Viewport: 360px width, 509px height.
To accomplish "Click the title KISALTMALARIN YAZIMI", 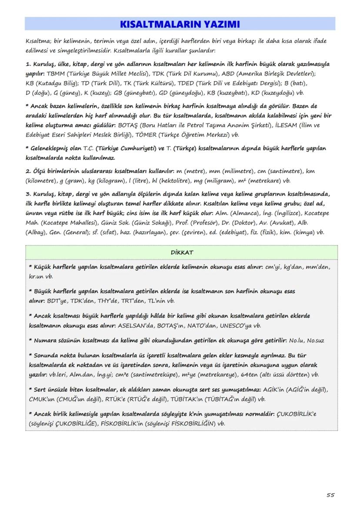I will (x=180, y=24).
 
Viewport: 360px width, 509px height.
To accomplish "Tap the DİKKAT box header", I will (x=181, y=253).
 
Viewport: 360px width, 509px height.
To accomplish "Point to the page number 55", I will (x=330, y=495).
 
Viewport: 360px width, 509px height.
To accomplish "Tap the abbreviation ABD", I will (x=229, y=73).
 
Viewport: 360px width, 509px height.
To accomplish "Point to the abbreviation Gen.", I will (x=56, y=233).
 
